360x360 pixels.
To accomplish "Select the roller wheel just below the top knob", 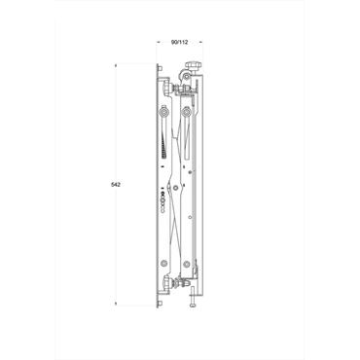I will pyautogui.click(x=189, y=81).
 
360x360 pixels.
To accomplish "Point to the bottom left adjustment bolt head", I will pyautogui.click(x=167, y=284).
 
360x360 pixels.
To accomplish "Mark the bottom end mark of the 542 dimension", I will pyautogui.click(x=116, y=304).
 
